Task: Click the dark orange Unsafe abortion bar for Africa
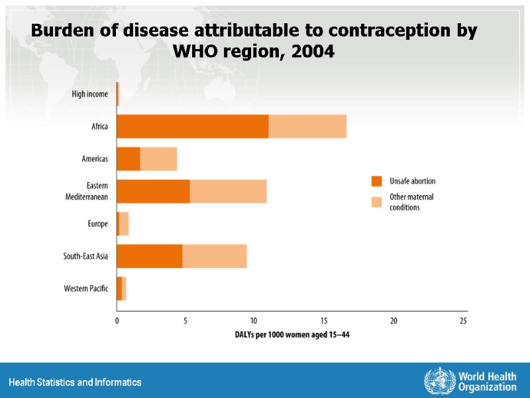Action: coord(192,126)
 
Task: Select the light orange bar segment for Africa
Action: coord(307,126)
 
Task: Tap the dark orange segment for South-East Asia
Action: coord(150,256)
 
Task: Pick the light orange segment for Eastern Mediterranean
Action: coord(228,191)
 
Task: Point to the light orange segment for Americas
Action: coord(158,159)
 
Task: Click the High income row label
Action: coord(89,94)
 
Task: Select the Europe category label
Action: coord(97,224)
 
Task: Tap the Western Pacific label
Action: coord(85,289)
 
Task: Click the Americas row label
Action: coord(95,159)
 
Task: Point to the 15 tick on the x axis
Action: coord(324,321)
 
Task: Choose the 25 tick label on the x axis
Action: coord(463,321)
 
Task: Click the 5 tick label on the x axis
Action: coord(185,321)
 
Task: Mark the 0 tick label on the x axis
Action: coord(117,321)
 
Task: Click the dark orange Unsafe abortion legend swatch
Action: coord(377,181)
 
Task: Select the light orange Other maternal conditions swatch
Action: coord(377,202)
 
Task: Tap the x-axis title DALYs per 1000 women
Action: coord(292,336)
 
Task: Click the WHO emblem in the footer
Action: coord(435,381)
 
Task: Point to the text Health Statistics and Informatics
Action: coord(75,383)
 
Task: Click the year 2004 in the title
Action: coord(312,51)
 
